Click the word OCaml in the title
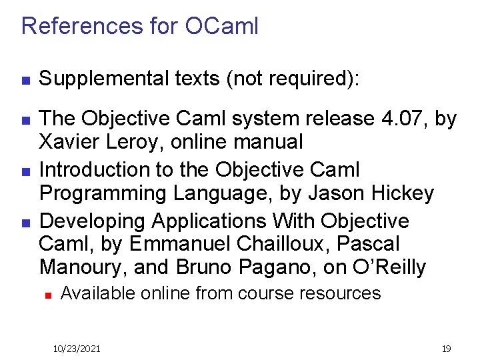click(x=221, y=26)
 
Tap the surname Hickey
click(x=401, y=193)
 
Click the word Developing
click(x=93, y=221)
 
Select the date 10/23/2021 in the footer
click(x=77, y=349)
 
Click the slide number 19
click(x=446, y=349)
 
